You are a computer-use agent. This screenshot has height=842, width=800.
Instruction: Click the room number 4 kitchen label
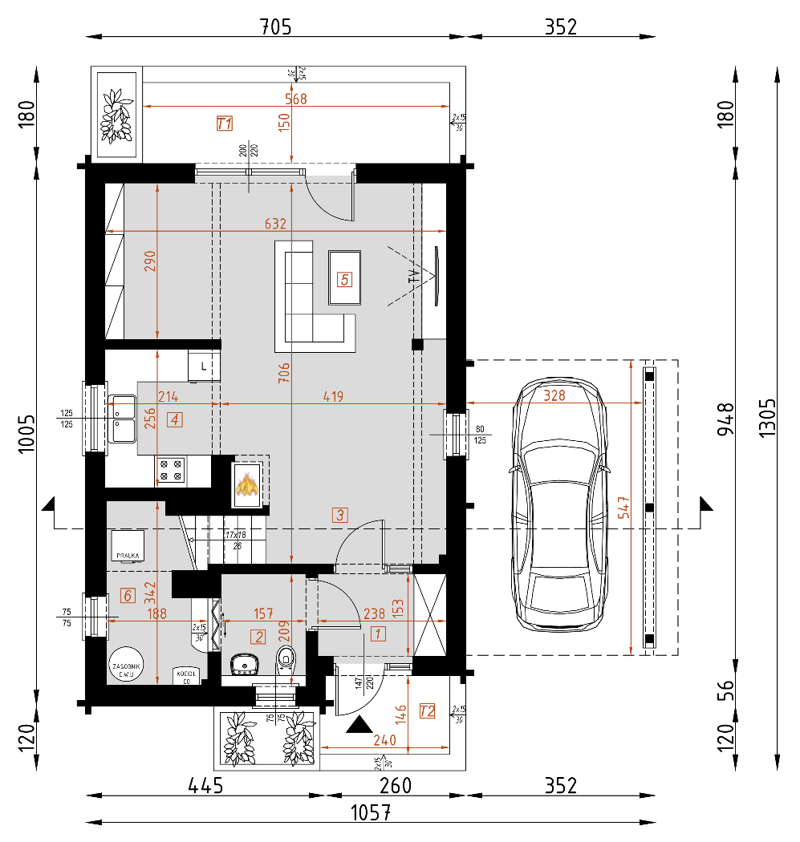[175, 419]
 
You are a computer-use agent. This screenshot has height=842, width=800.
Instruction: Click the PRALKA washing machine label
[128, 554]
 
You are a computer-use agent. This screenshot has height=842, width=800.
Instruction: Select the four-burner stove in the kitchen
[171, 470]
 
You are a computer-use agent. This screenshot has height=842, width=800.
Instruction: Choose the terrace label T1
[225, 123]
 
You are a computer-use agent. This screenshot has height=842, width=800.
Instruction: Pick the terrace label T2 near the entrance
[427, 710]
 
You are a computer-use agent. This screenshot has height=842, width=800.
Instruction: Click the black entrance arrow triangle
[358, 726]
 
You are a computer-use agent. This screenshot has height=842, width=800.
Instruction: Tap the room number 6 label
[126, 595]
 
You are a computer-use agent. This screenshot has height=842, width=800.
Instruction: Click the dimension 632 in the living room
[276, 224]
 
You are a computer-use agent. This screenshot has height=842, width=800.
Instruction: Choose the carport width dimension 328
[553, 395]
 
